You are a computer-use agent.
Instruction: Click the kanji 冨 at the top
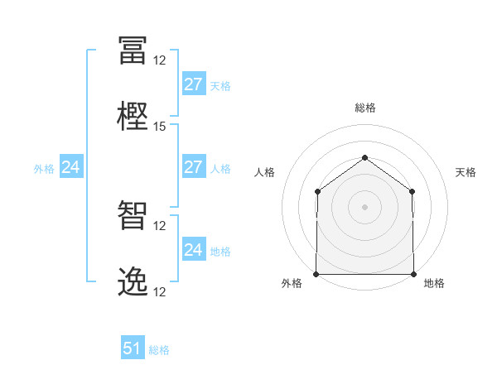pyautogui.click(x=133, y=50)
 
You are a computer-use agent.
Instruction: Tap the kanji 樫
pyautogui.click(x=133, y=116)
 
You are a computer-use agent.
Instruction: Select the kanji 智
pyautogui.click(x=133, y=215)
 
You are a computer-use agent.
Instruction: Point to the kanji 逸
pyautogui.click(x=133, y=281)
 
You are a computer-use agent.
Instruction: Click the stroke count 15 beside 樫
pyautogui.click(x=159, y=127)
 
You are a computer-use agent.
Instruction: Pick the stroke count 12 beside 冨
pyautogui.click(x=159, y=60)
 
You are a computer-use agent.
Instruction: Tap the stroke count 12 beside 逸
pyautogui.click(x=159, y=291)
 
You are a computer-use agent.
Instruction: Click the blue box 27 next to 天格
pyautogui.click(x=194, y=84)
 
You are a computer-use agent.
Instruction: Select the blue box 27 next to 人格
pyautogui.click(x=194, y=166)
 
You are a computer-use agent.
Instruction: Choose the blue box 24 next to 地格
pyautogui.click(x=194, y=248)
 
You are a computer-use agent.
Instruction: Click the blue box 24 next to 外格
pyautogui.click(x=71, y=166)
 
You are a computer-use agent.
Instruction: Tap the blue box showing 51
pyautogui.click(x=133, y=347)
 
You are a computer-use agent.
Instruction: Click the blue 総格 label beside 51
pyautogui.click(x=159, y=350)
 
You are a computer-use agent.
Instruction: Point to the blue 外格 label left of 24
pyautogui.click(x=44, y=169)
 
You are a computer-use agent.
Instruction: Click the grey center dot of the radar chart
pyautogui.click(x=364, y=207)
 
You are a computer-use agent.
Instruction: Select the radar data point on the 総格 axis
pyautogui.click(x=364, y=157)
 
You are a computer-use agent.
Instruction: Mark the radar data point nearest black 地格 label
pyautogui.click(x=413, y=274)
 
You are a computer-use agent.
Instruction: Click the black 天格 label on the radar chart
pyautogui.click(x=466, y=172)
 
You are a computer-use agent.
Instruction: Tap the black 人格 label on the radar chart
pyautogui.click(x=264, y=172)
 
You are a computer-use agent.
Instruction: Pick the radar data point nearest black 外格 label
pyautogui.click(x=316, y=274)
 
